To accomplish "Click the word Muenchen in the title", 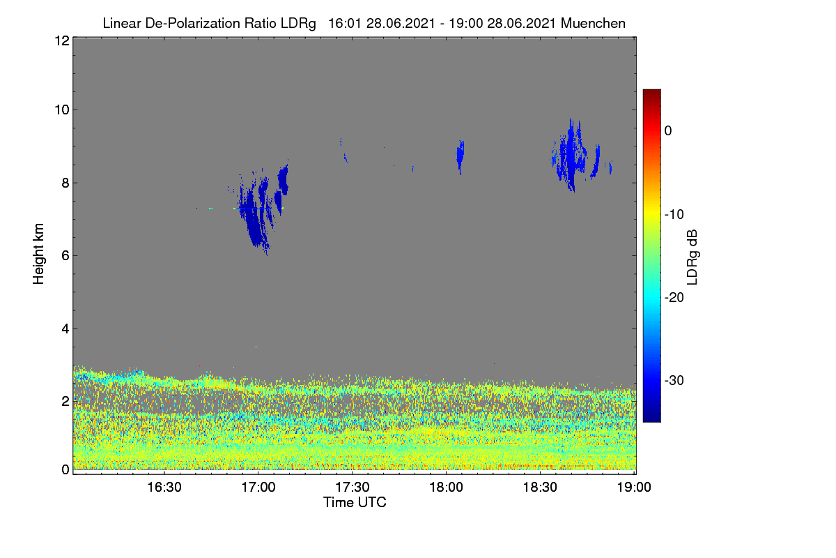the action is (593, 24).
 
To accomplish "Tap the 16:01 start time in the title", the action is (344, 24).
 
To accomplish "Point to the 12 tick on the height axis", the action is (62, 40).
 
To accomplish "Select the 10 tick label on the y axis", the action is (62, 110).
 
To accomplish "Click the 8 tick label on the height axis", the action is (65, 183).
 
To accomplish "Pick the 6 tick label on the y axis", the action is (65, 256).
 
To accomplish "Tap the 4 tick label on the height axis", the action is (65, 329).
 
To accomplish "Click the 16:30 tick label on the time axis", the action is (164, 487).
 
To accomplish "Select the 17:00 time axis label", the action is (258, 487).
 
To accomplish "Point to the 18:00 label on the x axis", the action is (446, 487).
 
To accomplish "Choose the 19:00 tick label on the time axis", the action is (634, 487).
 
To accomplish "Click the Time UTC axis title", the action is (355, 502).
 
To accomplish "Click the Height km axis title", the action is (38, 254).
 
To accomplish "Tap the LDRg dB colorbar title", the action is (692, 257).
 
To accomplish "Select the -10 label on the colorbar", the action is (674, 215).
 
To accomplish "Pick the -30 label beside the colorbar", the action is (674, 380).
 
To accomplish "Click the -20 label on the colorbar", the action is (674, 298).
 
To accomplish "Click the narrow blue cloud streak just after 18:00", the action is (460, 157).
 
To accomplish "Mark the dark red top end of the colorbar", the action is (651, 91).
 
